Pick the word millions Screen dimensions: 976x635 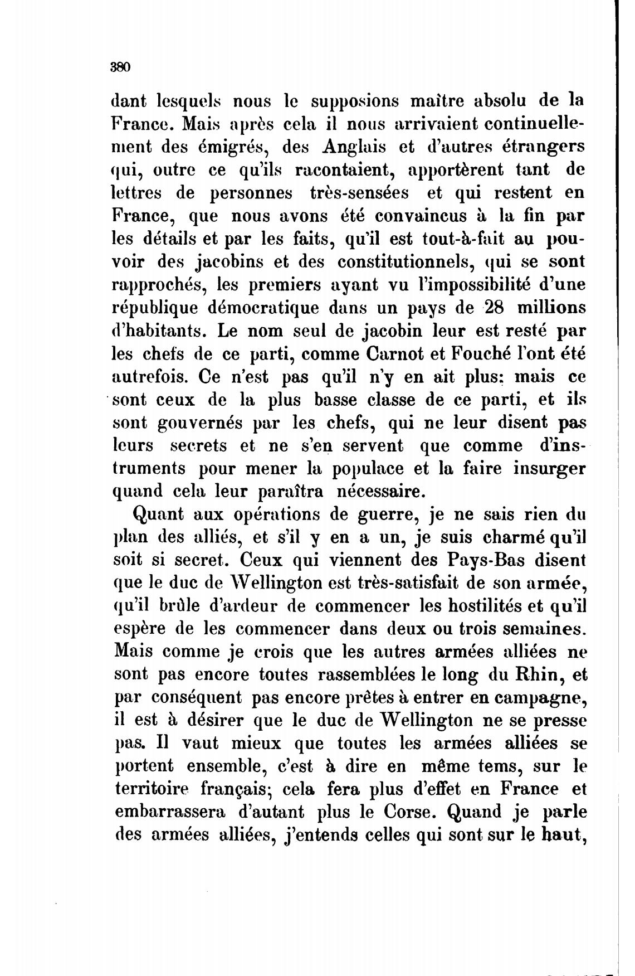coord(551,308)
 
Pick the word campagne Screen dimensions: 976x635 coord(539,698)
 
